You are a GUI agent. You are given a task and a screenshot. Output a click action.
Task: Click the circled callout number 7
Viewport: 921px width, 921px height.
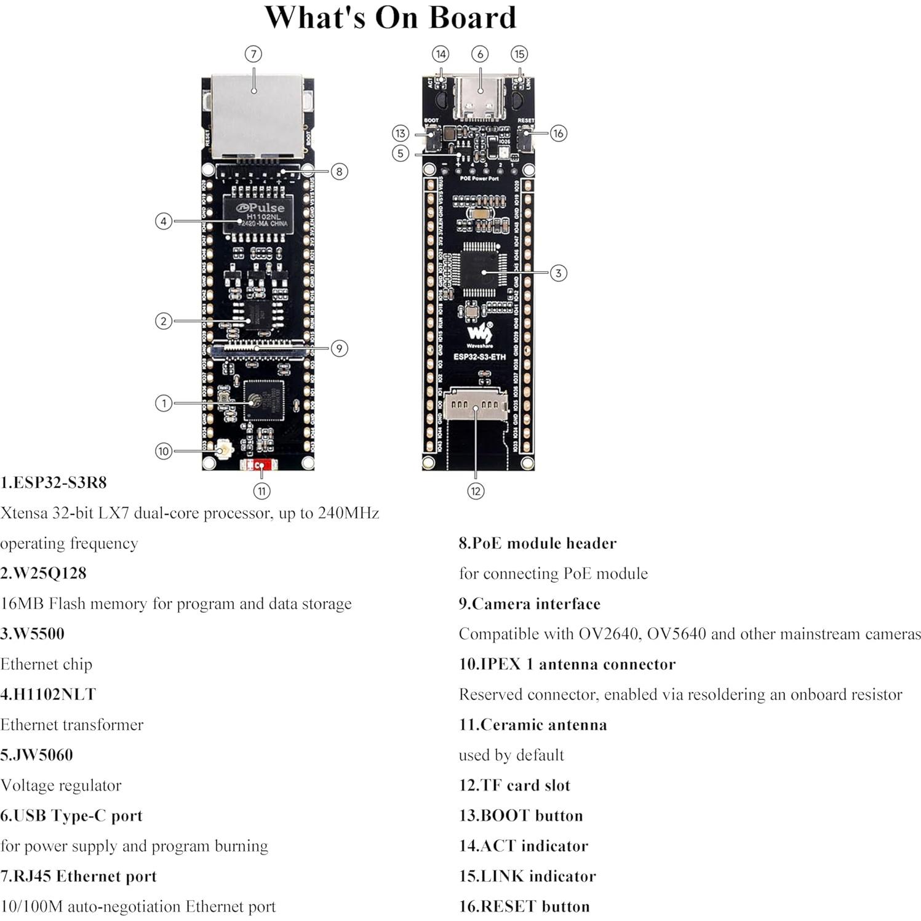pyautogui.click(x=253, y=54)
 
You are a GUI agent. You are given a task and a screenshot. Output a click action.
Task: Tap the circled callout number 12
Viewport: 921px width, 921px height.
pyautogui.click(x=476, y=491)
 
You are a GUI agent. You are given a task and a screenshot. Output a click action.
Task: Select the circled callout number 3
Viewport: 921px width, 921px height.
pyautogui.click(x=558, y=273)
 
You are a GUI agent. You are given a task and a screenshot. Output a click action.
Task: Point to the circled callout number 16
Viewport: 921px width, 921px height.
pyautogui.click(x=558, y=133)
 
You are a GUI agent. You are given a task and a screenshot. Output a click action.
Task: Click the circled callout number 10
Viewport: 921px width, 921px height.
pyautogui.click(x=163, y=451)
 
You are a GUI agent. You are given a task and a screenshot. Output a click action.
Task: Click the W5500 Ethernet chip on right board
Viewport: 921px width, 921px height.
pyautogui.click(x=484, y=271)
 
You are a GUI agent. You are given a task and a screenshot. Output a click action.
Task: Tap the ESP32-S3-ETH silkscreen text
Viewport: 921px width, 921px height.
pyautogui.click(x=479, y=357)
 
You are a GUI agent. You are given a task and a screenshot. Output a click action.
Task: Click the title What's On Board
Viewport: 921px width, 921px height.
pyautogui.click(x=390, y=18)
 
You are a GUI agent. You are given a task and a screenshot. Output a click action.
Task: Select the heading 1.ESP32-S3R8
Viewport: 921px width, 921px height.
pyautogui.click(x=54, y=482)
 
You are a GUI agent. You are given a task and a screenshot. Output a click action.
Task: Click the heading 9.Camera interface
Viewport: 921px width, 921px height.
pyautogui.click(x=529, y=604)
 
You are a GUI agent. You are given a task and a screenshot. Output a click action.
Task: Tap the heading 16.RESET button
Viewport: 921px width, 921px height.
pyautogui.click(x=524, y=906)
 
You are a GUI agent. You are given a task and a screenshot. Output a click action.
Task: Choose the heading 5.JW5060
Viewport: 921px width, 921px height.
pyautogui.click(x=37, y=755)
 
